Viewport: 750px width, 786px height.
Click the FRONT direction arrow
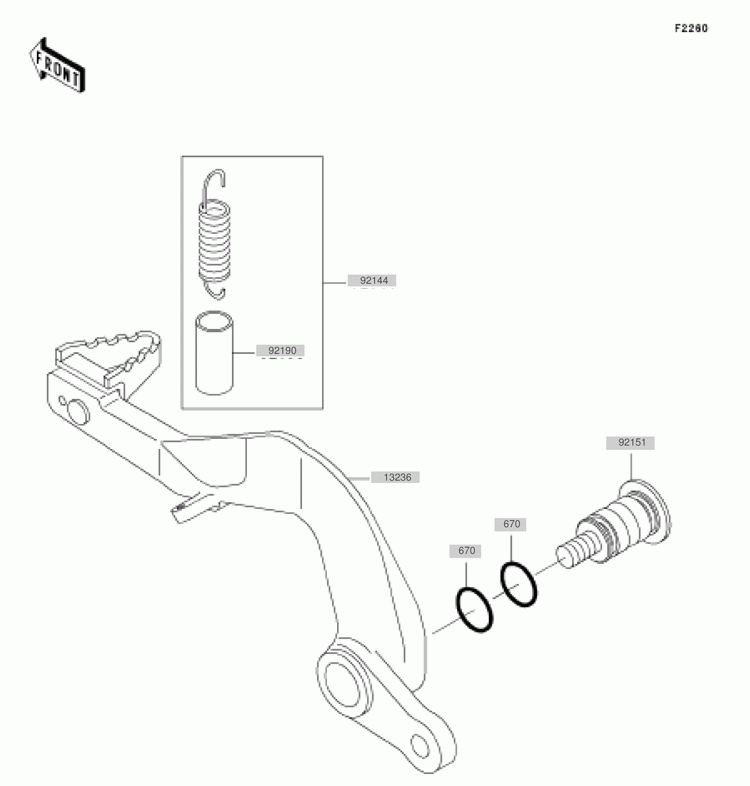coord(59,65)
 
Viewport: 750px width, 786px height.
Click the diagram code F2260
coord(690,29)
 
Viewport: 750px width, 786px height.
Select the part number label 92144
coord(372,282)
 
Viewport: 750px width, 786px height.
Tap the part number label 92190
coord(281,351)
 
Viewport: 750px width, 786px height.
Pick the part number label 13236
coord(395,478)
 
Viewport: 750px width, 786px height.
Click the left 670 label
coord(467,550)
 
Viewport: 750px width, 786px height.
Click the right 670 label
coord(511,524)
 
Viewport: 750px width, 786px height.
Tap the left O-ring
coord(474,611)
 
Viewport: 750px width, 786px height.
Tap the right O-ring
coord(518,584)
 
